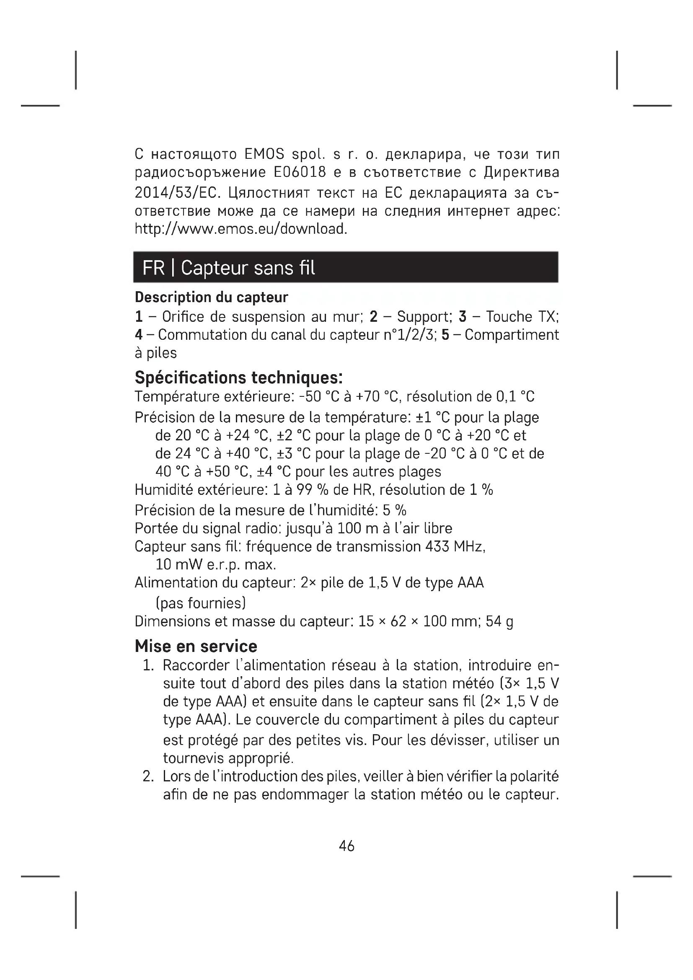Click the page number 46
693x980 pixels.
pos(346,846)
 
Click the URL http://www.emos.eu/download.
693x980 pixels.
pos(241,229)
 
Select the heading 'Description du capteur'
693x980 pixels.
pos(212,297)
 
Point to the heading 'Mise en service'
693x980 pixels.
pos(196,646)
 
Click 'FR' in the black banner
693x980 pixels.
pos(154,268)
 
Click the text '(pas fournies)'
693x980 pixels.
pos(201,602)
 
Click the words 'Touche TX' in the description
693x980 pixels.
pos(522,317)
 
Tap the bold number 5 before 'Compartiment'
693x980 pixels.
pos(445,335)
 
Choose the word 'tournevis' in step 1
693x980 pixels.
pos(194,758)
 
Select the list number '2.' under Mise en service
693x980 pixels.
pos(148,776)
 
